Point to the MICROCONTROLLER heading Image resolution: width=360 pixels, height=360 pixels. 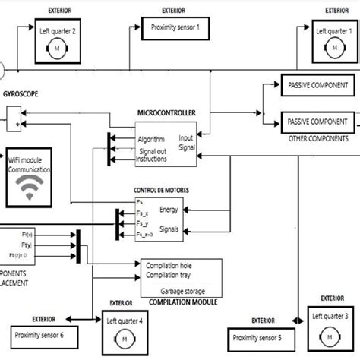(167, 112)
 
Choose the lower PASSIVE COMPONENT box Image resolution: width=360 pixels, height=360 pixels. (317, 121)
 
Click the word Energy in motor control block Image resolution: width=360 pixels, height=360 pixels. (171, 210)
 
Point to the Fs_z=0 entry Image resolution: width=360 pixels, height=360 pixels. (144, 236)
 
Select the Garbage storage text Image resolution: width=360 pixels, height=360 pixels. (181, 289)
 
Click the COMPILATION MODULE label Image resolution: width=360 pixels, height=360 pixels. (179, 301)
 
